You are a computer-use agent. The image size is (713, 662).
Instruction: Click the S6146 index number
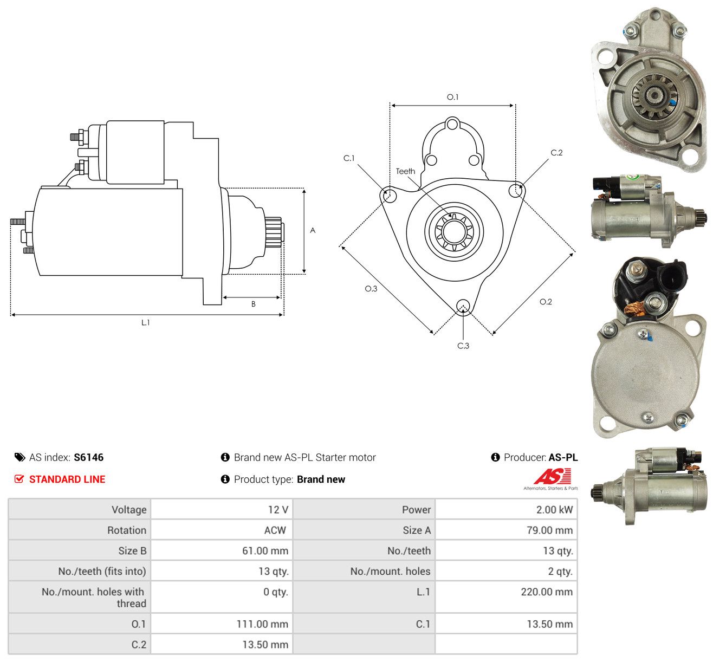[x=88, y=457]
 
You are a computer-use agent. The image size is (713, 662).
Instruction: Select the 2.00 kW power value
[x=554, y=509]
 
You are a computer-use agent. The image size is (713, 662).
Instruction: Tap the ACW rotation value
[x=275, y=530]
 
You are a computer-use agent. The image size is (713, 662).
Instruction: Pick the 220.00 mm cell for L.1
[x=547, y=592]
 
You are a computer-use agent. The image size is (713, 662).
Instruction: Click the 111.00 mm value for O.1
[x=262, y=624]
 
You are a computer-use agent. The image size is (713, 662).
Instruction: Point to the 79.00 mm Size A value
[x=549, y=530]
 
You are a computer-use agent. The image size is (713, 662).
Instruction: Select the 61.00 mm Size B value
[x=265, y=550]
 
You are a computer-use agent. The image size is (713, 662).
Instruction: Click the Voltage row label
[x=129, y=509]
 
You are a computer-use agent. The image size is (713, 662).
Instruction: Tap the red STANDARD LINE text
[x=67, y=479]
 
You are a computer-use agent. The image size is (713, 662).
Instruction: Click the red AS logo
[x=552, y=476]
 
